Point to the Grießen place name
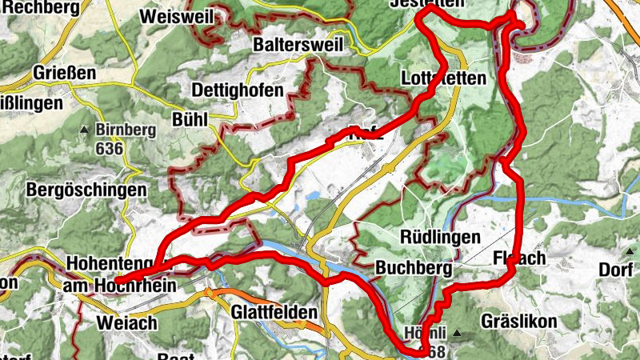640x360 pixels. click(65, 73)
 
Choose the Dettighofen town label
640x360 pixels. click(238, 90)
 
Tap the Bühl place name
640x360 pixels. click(190, 119)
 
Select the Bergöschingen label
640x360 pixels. click(86, 190)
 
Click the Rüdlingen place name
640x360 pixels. click(440, 238)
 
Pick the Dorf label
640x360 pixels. click(616, 270)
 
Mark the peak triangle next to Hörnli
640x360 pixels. click(457, 333)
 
